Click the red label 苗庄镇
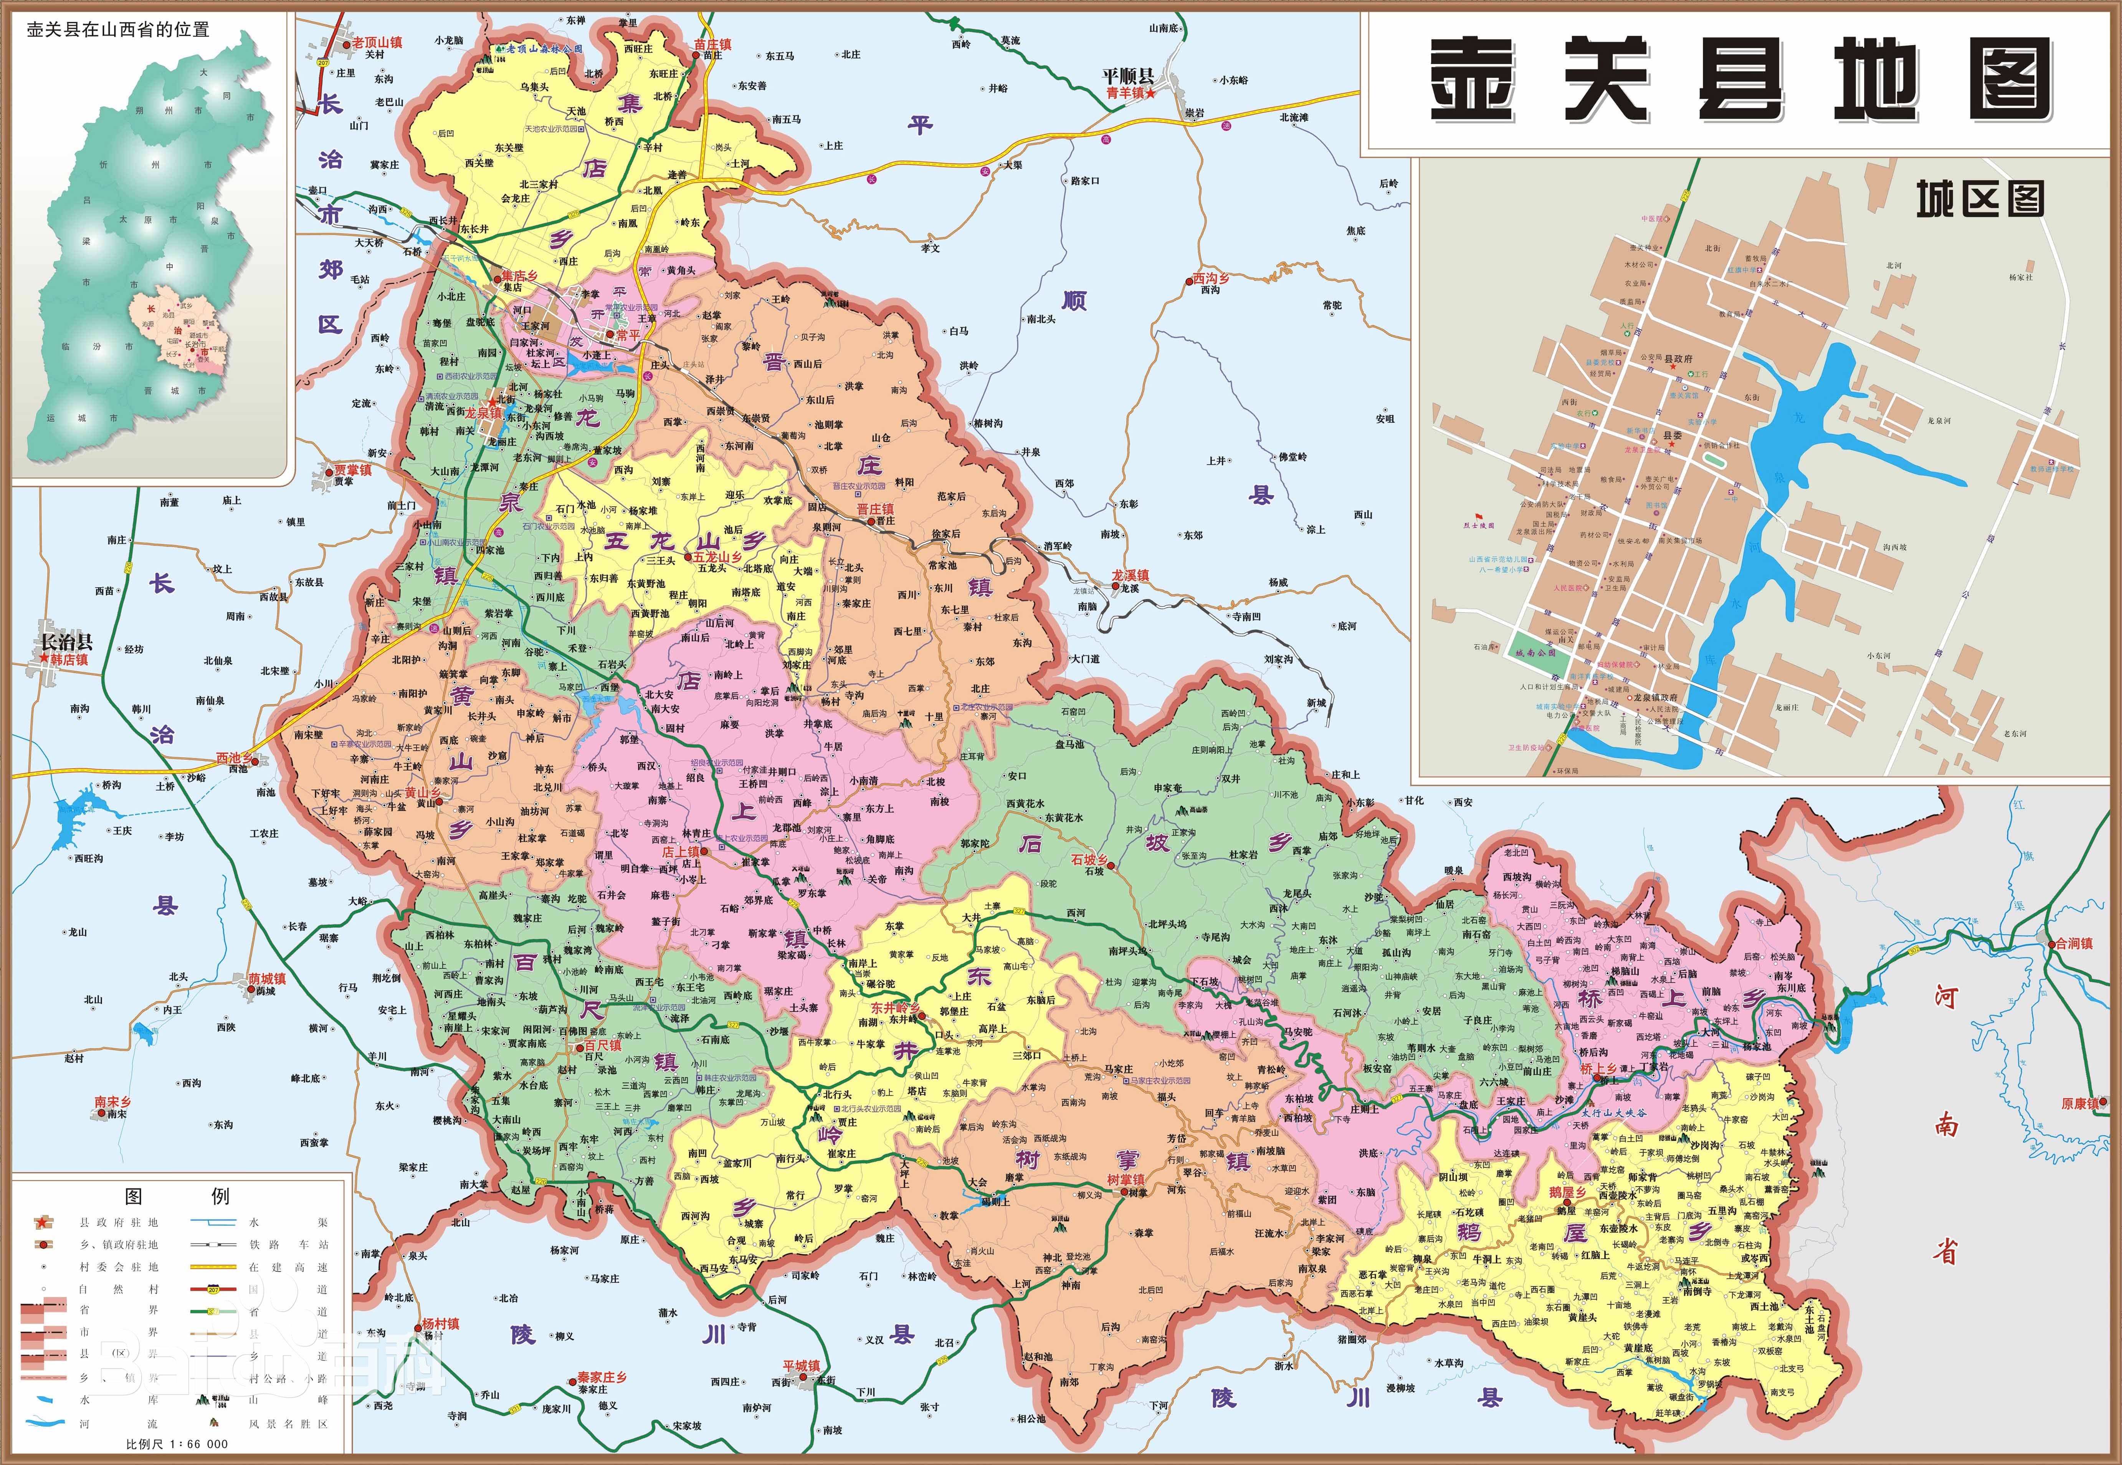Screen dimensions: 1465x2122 pos(713,44)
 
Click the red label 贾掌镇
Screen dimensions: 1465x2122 pos(352,470)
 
